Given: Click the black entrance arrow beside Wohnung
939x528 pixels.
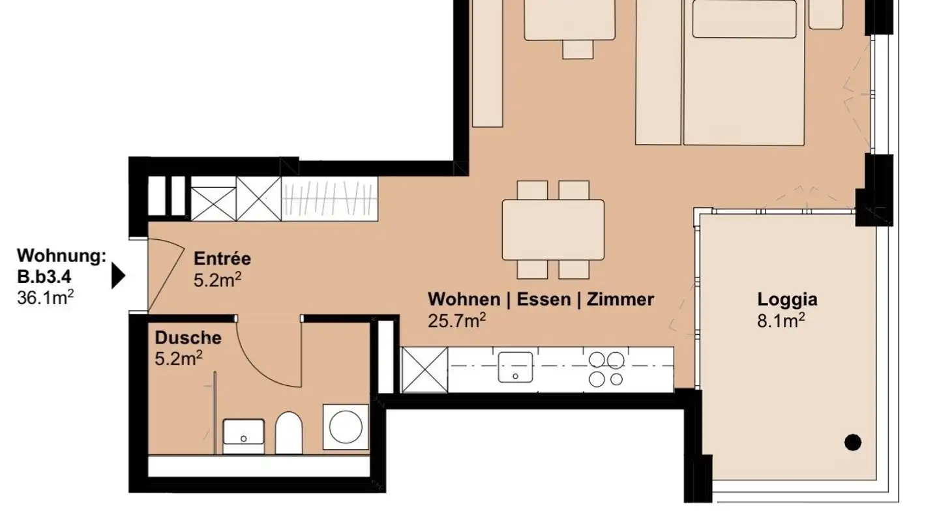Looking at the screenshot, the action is point(118,276).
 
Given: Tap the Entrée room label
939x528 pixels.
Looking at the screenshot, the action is point(222,259).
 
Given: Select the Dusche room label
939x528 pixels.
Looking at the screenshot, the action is point(188,338).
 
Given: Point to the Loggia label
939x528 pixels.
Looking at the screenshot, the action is point(787,300).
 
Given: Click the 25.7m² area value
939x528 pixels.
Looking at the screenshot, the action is point(457,321).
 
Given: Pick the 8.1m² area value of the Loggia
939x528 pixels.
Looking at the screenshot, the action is point(781,321).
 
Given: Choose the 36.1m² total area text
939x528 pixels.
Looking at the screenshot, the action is point(45,297).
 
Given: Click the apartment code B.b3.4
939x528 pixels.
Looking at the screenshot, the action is point(44,277).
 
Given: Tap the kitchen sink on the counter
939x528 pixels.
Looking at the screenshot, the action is point(515,367).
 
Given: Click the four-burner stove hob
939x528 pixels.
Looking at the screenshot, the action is point(606,369).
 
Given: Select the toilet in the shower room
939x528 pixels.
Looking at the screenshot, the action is point(289,432).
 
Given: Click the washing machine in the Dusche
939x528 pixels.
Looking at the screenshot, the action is point(346,427).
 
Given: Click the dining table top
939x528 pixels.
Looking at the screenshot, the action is point(553,229).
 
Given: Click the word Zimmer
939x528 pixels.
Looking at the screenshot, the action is point(620,300).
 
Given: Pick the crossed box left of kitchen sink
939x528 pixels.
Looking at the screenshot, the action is point(425,370).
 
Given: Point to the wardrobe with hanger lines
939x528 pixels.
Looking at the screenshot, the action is point(329,199).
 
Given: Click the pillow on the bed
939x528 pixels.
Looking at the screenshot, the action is point(744,20).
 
